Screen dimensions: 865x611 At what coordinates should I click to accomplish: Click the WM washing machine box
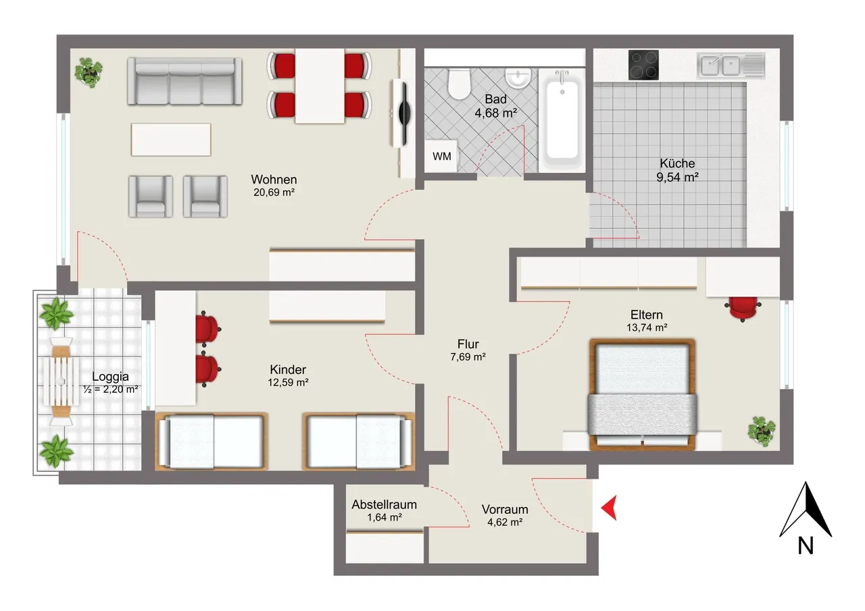point(441,156)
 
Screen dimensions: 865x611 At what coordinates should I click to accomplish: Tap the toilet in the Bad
point(459,84)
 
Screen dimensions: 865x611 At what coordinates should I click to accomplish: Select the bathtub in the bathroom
point(562,119)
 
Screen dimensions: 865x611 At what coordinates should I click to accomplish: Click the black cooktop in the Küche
point(643,65)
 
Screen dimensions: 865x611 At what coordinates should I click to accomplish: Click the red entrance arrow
point(609,508)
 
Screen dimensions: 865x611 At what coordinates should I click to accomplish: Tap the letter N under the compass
point(806,546)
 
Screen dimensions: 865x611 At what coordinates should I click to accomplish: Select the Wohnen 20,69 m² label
point(274,186)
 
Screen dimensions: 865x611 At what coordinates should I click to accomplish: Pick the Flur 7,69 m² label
point(468,350)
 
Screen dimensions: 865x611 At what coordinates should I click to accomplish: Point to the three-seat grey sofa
point(185,81)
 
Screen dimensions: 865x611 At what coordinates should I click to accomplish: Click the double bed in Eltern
point(642,394)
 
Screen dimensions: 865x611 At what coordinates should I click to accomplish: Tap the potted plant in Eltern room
point(762,431)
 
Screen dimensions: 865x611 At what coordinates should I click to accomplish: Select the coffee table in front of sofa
point(171,139)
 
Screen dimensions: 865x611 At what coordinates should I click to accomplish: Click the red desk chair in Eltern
point(743,308)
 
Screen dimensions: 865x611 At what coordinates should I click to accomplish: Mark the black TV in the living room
point(404,114)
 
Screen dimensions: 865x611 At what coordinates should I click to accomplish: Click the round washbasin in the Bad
point(518,78)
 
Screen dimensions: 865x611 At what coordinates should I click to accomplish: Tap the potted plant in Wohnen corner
point(89,72)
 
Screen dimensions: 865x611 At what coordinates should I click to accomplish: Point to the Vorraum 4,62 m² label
point(505,515)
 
